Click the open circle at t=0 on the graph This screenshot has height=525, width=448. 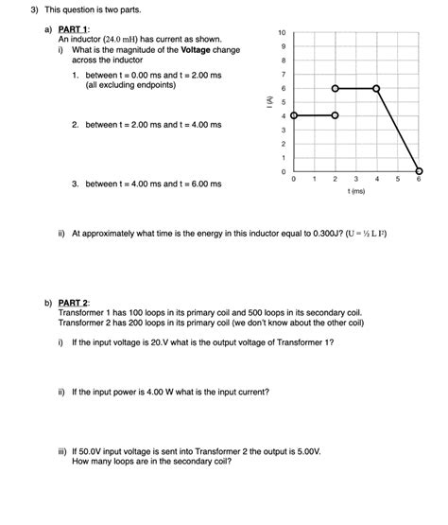pyautogui.click(x=294, y=115)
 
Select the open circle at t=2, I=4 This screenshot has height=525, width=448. pyautogui.click(x=336, y=115)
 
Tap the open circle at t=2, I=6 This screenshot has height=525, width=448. pyautogui.click(x=336, y=88)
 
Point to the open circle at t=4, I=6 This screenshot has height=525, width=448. pyautogui.click(x=377, y=88)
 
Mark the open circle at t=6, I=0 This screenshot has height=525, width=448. pyautogui.click(x=419, y=171)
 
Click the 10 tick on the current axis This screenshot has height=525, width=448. pyautogui.click(x=282, y=33)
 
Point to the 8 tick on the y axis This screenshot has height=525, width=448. pyautogui.click(x=282, y=61)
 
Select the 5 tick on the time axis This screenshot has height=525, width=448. pyautogui.click(x=398, y=178)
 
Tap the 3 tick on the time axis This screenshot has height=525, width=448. pyautogui.click(x=356, y=178)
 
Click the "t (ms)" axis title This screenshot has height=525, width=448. pyautogui.click(x=356, y=190)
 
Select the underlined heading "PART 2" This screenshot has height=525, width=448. pyautogui.click(x=74, y=303)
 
